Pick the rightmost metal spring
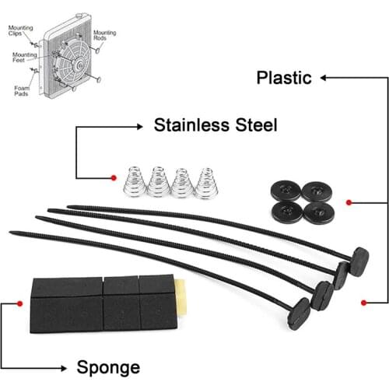pos(208,183)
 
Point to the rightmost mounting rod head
pos(359,261)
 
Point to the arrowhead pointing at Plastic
pos(324,78)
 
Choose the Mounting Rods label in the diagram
pos(104,35)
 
